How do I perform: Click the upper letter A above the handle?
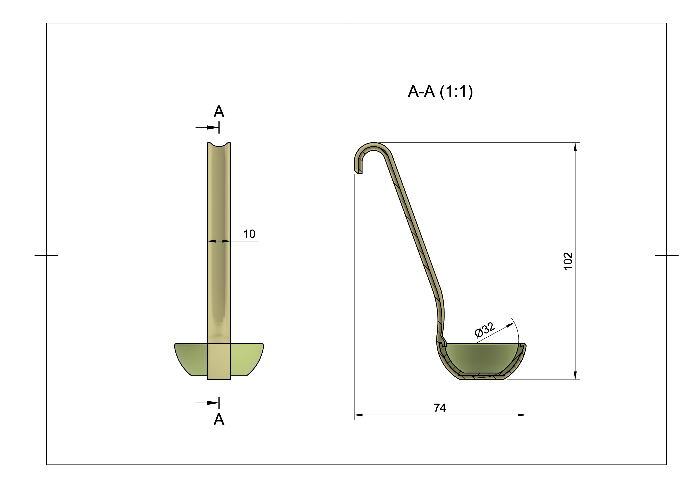pyautogui.click(x=219, y=112)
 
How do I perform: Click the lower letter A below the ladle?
pyautogui.click(x=219, y=419)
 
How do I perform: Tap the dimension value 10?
pyautogui.click(x=249, y=234)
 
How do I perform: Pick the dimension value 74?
pyautogui.click(x=440, y=408)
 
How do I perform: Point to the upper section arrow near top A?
pyautogui.click(x=212, y=128)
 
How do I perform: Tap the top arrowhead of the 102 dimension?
pyautogui.click(x=575, y=147)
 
